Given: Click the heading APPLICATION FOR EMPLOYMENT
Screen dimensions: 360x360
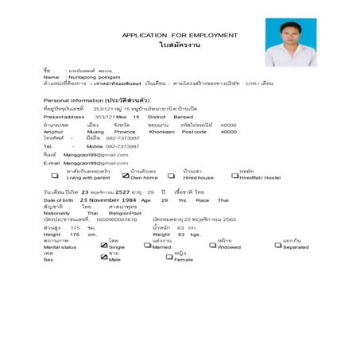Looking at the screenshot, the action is pos(179,35).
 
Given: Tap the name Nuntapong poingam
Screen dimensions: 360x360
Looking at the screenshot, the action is pos(93,76).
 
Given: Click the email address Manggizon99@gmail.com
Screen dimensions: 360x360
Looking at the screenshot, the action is pos(95,162).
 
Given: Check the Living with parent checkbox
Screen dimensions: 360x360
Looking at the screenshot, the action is pos(55,176).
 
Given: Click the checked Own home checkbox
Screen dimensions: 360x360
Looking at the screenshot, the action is pos(126,176).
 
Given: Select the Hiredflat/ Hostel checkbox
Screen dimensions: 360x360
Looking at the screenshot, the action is pos(234,176).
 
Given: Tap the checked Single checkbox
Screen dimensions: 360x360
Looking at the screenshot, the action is pos(103,246).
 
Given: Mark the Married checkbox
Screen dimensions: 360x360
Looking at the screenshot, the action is pos(148,246).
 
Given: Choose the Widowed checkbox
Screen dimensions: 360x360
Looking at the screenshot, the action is pos(212,246).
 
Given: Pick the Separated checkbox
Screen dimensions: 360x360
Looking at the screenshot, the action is pos(277,246).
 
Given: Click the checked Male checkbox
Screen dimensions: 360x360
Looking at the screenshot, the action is pos(103,258).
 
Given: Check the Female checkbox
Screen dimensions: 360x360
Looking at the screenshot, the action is pos(169,258).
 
